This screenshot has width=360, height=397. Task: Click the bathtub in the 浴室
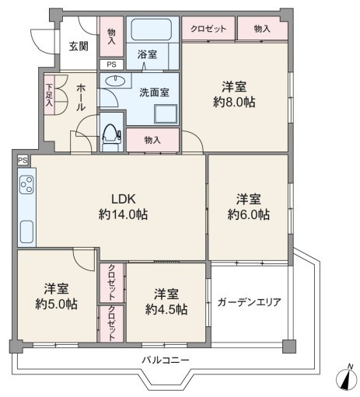tap(152, 29)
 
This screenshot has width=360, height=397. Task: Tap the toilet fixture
tap(111, 133)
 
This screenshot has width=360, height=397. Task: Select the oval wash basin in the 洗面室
tap(115, 80)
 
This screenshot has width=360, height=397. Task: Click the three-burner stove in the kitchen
tap(27, 184)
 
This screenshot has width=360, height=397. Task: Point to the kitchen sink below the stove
tap(26, 232)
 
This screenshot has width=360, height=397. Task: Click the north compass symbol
tap(347, 380)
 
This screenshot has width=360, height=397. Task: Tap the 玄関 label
tap(79, 47)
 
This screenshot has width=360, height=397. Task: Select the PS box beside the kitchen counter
tap(23, 160)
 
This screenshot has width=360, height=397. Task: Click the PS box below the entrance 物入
tap(111, 64)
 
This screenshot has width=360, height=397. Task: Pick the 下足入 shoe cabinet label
tap(49, 95)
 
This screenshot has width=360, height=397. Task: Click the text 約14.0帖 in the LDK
tap(124, 214)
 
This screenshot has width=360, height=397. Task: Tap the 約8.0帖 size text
tap(234, 102)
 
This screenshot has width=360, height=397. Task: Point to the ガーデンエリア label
tap(250, 302)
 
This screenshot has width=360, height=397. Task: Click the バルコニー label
tap(166, 360)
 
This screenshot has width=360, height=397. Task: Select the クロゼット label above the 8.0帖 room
tap(208, 29)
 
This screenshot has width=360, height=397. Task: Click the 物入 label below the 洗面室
tap(152, 140)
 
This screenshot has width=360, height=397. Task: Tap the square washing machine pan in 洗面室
tap(166, 114)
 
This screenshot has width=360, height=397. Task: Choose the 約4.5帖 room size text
tap(166, 309)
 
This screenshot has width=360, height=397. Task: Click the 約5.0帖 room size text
tap(56, 304)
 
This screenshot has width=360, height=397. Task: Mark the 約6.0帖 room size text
tap(249, 214)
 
